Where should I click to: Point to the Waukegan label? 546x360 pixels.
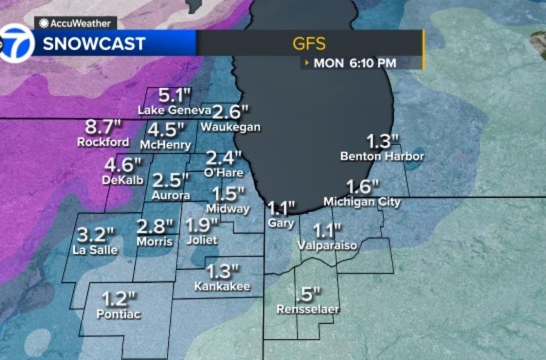[x=230, y=127]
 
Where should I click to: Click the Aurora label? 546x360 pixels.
[x=171, y=195]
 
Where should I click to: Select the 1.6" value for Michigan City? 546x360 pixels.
[x=362, y=187]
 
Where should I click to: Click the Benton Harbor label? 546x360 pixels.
[x=383, y=156]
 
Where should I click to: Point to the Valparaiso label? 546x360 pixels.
[x=327, y=246]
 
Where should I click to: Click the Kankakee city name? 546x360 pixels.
[x=222, y=286]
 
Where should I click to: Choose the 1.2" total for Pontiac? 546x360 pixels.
[x=119, y=299]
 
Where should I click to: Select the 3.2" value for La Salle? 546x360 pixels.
[x=96, y=234]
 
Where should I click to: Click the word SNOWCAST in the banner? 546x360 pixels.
[x=94, y=44]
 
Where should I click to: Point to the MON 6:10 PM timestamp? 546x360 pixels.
[x=355, y=63]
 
